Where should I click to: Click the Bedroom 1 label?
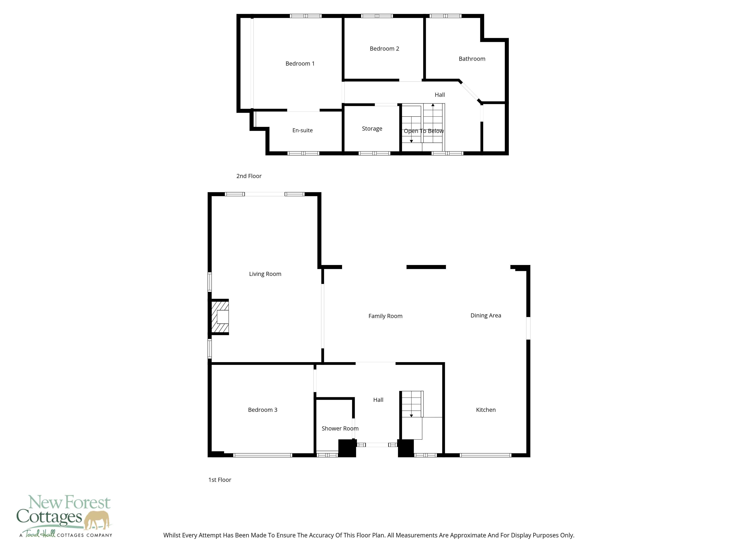[300, 64]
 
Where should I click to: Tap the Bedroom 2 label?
[384, 48]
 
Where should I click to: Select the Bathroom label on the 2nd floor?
[472, 59]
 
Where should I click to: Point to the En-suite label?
[302, 130]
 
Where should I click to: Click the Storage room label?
[372, 129]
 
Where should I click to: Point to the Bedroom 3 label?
[263, 410]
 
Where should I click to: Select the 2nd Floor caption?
[249, 176]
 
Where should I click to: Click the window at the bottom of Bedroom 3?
[263, 455]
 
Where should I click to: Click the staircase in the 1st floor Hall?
[412, 404]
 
